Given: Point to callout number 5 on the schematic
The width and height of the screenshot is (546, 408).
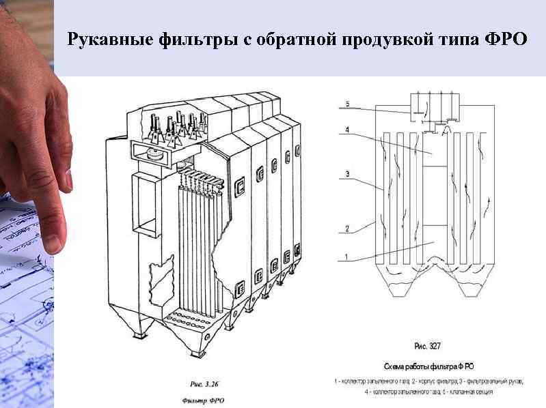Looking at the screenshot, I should point(346,104).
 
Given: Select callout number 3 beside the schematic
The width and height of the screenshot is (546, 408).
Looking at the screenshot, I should point(346,175).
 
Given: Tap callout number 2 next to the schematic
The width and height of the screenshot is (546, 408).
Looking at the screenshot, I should point(346,229).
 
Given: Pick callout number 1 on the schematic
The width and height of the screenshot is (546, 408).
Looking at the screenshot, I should point(346,257).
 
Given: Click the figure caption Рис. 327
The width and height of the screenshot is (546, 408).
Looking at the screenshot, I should point(428,347).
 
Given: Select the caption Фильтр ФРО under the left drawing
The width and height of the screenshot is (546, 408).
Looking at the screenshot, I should point(203,400).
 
